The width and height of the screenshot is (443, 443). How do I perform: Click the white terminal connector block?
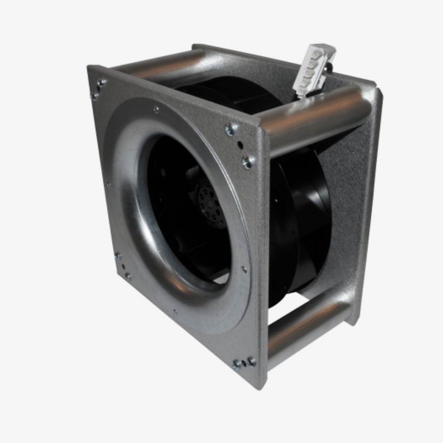(x=314, y=69)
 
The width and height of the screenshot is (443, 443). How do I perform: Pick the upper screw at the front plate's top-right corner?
(x=230, y=128)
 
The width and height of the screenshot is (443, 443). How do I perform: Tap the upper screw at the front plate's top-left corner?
(x=102, y=82)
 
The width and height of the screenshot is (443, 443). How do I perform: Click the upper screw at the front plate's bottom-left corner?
(x=118, y=256)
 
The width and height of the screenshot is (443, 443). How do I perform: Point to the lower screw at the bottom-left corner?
(x=128, y=275)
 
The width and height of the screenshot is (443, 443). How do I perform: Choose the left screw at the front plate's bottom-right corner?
(x=237, y=364)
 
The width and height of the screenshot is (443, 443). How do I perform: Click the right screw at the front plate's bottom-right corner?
(x=251, y=361)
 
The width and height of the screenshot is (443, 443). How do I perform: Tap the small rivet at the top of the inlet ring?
(x=156, y=109)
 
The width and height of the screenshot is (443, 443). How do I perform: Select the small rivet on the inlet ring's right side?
(x=244, y=269)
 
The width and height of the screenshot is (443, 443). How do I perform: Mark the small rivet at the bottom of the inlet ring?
(x=175, y=311)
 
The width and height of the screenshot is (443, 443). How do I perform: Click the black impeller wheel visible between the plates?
(x=303, y=216)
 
